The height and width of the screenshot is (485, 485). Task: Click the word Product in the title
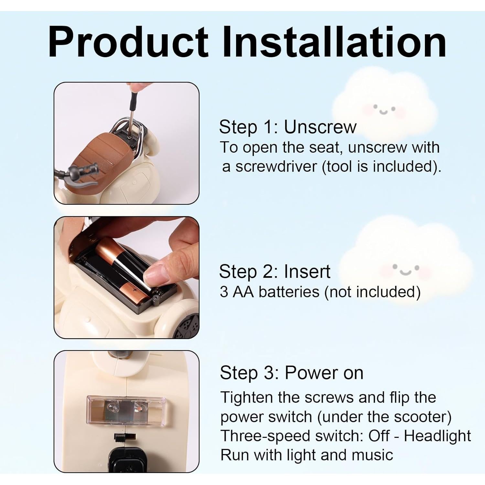coord(128,42)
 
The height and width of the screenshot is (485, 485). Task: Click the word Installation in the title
coord(334,42)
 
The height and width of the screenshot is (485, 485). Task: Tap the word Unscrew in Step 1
coord(320,127)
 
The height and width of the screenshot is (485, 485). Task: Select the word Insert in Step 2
coord(307,271)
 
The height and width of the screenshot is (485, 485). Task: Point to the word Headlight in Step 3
coord(437,436)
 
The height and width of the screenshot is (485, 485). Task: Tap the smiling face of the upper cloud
coord(384,109)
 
